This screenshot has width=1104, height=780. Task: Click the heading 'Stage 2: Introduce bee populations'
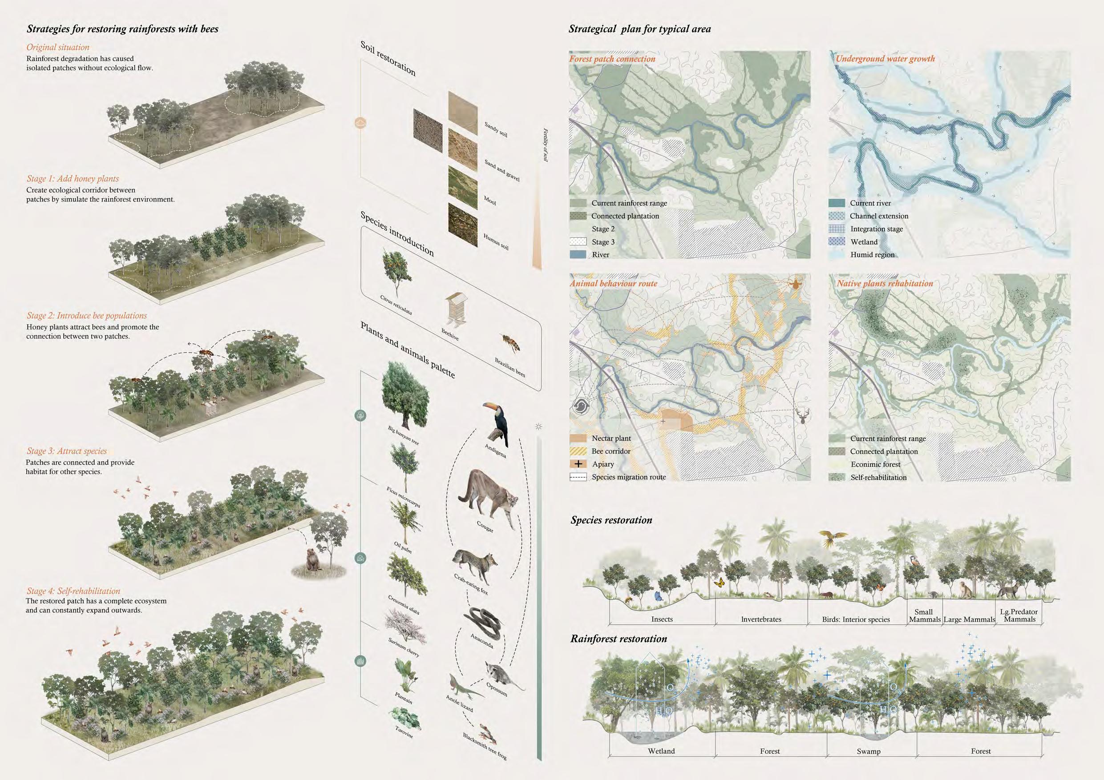tap(87, 316)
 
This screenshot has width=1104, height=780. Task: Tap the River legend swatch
tap(578, 255)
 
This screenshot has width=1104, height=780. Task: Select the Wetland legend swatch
tap(837, 242)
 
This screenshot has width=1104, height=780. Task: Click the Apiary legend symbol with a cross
tap(578, 464)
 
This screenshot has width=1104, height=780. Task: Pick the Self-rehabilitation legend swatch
tap(837, 477)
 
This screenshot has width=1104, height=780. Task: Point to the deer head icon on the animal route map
tap(802, 416)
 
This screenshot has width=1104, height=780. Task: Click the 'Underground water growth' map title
tap(885, 59)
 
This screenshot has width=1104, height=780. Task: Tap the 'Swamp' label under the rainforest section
tap(869, 751)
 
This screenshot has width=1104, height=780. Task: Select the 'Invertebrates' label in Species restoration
tap(760, 619)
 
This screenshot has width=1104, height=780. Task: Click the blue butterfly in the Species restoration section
tap(658, 596)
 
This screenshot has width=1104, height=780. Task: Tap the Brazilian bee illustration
tap(511, 342)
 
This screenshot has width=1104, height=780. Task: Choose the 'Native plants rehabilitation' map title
tap(885, 284)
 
